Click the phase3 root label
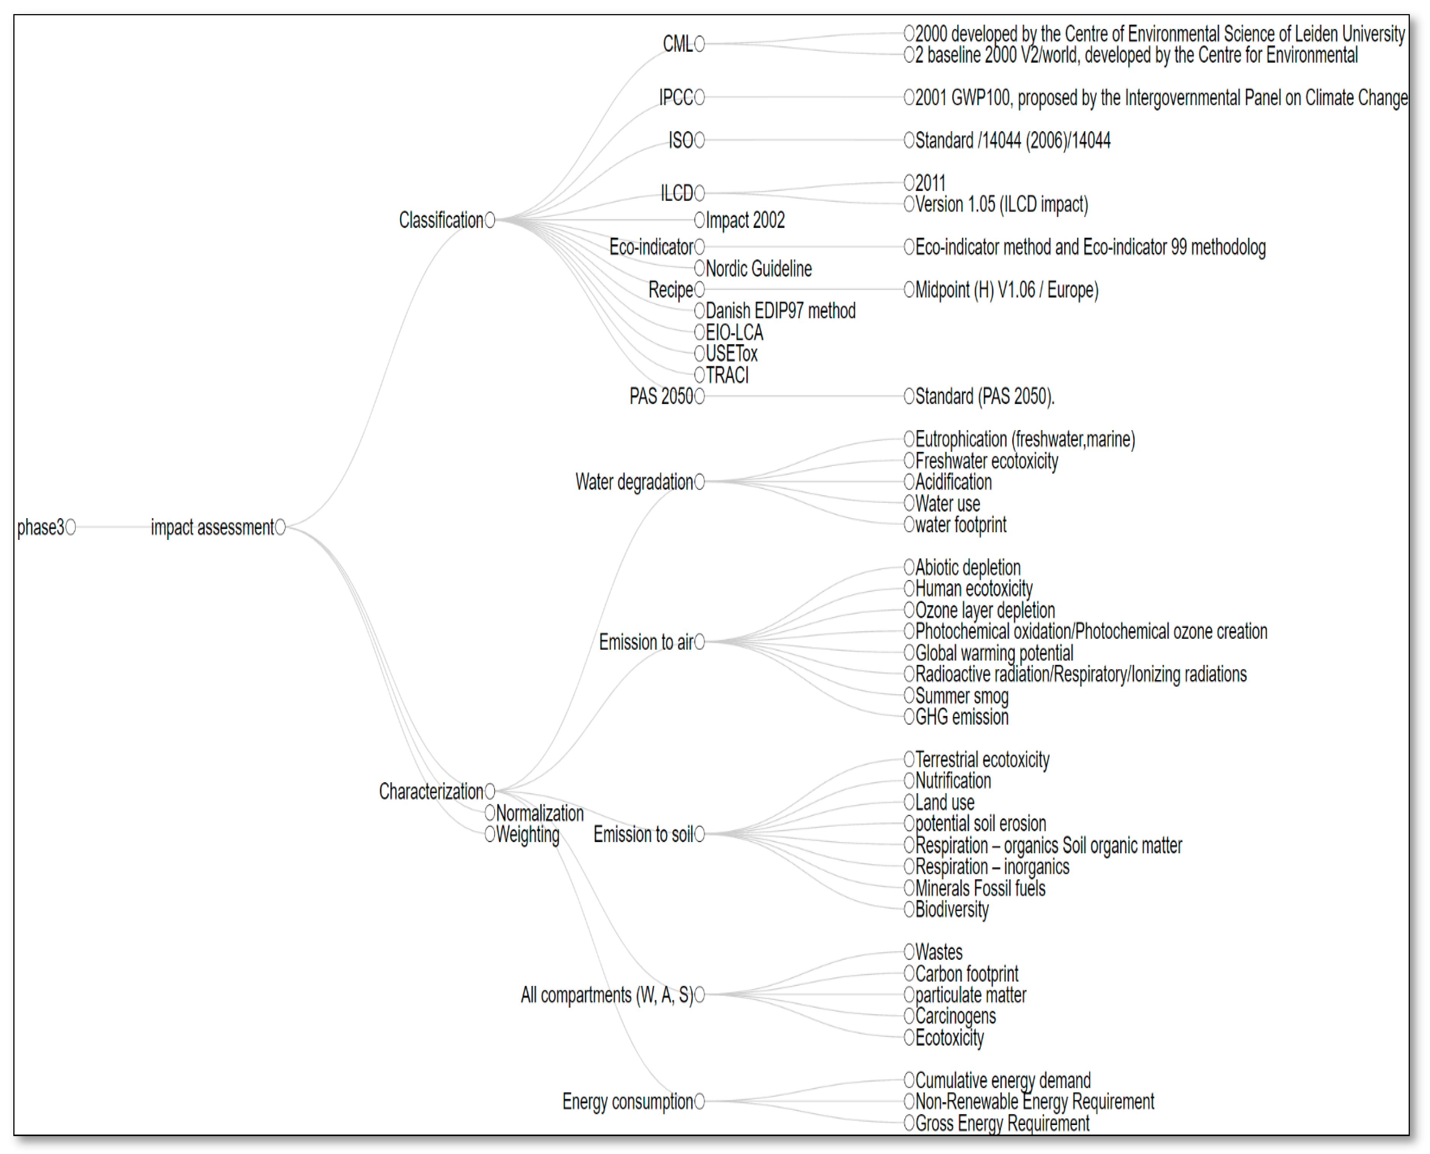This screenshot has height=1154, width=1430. pyautogui.click(x=40, y=527)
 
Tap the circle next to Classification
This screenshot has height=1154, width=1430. pyautogui.click(x=490, y=220)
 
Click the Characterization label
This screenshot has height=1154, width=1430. pyautogui.click(x=431, y=791)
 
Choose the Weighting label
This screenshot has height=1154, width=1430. pyautogui.click(x=528, y=834)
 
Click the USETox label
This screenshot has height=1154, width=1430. pyautogui.click(x=731, y=354)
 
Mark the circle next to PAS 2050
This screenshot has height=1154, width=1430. pyautogui.click(x=699, y=397)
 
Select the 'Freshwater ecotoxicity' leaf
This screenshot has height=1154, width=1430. pyautogui.click(x=986, y=461)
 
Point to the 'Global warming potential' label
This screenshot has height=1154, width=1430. pyautogui.click(x=994, y=653)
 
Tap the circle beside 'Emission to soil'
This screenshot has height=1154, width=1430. pyautogui.click(x=699, y=834)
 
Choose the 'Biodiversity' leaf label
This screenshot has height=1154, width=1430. pyautogui.click(x=952, y=909)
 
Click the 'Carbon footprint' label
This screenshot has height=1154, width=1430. pyautogui.click(x=967, y=974)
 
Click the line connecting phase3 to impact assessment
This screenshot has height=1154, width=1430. pyautogui.click(x=113, y=527)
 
